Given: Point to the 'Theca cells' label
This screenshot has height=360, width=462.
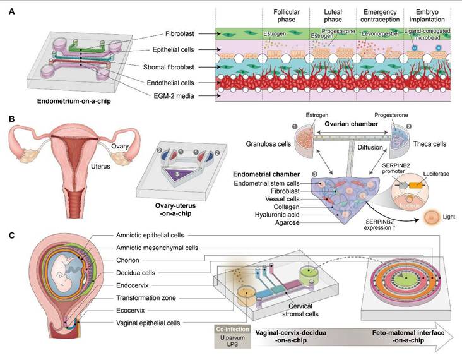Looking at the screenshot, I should [x=434, y=144].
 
